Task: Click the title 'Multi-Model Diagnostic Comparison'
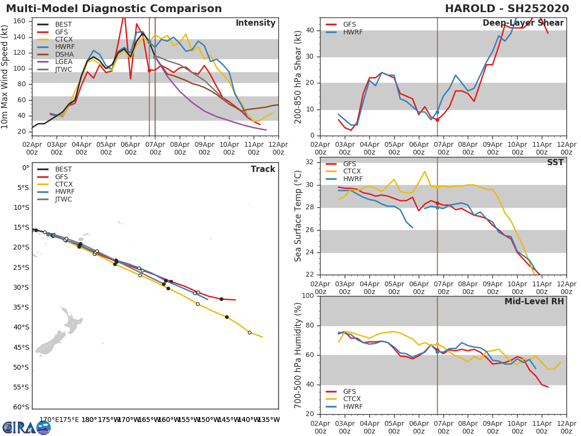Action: (114, 9)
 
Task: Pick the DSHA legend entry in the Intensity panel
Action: (63, 54)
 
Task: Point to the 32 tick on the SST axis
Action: (309, 162)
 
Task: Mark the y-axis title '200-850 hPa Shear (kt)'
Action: (299, 77)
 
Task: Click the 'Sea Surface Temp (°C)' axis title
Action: (299, 216)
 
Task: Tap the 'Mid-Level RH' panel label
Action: (534, 301)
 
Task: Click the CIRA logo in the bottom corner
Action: (27, 427)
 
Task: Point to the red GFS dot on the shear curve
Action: (437, 119)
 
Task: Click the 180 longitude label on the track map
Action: (89, 420)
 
